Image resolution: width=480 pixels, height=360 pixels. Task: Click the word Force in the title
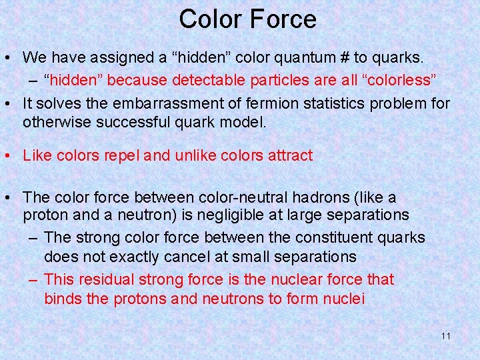[x=284, y=19]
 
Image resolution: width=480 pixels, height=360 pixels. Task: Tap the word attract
[x=287, y=156]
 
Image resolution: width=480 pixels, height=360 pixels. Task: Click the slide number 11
[x=446, y=336]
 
